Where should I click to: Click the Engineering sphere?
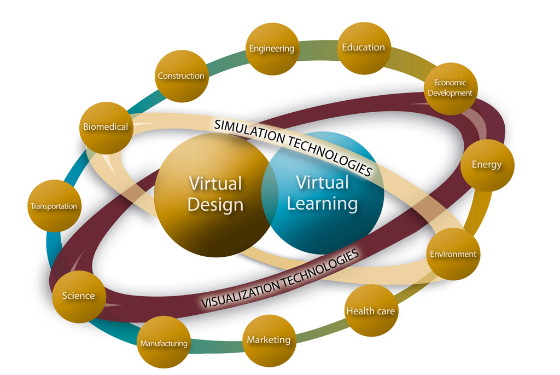(x=272, y=49)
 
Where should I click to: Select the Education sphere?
(x=364, y=48)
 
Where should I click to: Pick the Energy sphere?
(x=486, y=165)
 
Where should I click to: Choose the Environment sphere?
(x=453, y=254)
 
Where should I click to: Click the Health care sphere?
(x=370, y=311)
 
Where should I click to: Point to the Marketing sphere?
(x=269, y=340)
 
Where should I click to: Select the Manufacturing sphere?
(x=164, y=344)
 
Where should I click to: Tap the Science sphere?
(x=78, y=296)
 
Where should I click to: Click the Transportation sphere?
(x=54, y=206)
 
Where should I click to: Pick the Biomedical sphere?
(x=106, y=127)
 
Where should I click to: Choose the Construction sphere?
(x=180, y=76)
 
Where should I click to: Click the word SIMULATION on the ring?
(x=247, y=131)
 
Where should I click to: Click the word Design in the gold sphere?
(x=215, y=205)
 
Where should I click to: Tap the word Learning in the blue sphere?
(x=322, y=204)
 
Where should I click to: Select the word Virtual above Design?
(x=215, y=183)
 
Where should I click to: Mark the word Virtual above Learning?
(x=322, y=182)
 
